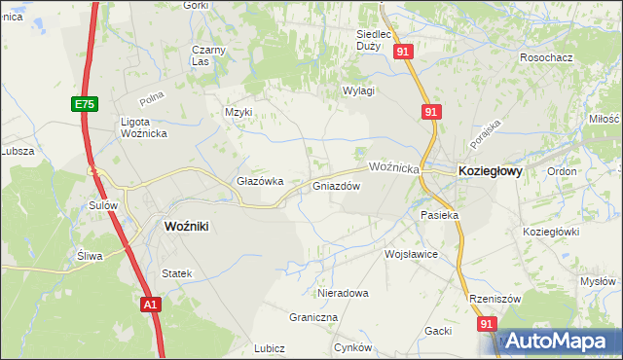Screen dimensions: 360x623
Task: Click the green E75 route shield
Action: point(83,103)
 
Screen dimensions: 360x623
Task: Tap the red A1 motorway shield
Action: point(149,305)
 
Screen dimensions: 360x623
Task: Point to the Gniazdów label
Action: point(337,186)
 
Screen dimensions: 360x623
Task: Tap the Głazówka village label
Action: point(260,181)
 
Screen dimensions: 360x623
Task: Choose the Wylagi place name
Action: point(358,90)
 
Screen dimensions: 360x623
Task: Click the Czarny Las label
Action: point(208,55)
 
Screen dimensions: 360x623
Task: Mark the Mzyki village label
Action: point(238,112)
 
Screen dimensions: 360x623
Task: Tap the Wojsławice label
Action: point(411,254)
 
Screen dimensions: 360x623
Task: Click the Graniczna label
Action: point(313,317)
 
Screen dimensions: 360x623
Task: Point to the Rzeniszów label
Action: point(494,299)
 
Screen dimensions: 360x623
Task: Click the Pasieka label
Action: point(438,214)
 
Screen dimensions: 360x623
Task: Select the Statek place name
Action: point(177,274)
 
